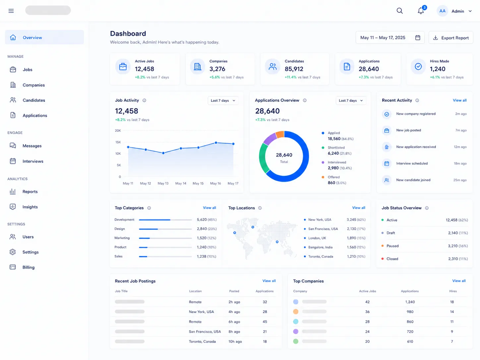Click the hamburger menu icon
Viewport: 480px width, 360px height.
[x=11, y=11]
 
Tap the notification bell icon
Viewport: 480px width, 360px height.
[x=421, y=11]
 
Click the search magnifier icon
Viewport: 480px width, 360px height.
[x=399, y=11]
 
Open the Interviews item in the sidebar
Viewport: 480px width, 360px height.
[x=33, y=161]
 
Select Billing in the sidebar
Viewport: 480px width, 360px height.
[x=29, y=267]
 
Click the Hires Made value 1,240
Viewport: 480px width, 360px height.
[x=437, y=69]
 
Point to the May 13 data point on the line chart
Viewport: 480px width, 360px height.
[x=163, y=153]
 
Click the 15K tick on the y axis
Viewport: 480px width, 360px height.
[x=118, y=142]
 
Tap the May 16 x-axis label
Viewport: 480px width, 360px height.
[x=215, y=183]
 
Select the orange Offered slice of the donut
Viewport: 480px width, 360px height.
[x=280, y=134]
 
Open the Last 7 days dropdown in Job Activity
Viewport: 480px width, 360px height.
[x=223, y=100]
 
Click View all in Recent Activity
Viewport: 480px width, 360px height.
[x=459, y=100]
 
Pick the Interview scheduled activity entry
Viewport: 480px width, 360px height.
[x=412, y=163]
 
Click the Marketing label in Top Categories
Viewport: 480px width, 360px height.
[x=122, y=238]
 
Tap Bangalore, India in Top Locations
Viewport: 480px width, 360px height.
[x=320, y=247]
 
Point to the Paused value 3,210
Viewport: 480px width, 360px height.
[x=453, y=246]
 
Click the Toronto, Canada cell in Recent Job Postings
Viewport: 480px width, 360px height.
[x=202, y=341]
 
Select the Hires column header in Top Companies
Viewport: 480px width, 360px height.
[x=453, y=291]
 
